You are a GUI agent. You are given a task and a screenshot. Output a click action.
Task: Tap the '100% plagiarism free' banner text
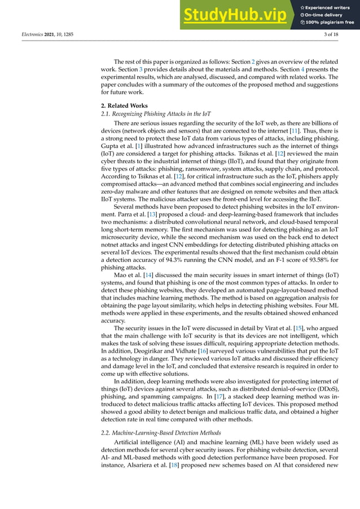click(x=330, y=23)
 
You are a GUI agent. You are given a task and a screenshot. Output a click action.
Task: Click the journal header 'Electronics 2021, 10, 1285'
click(x=45, y=35)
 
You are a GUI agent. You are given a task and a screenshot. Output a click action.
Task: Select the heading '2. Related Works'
click(x=122, y=106)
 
